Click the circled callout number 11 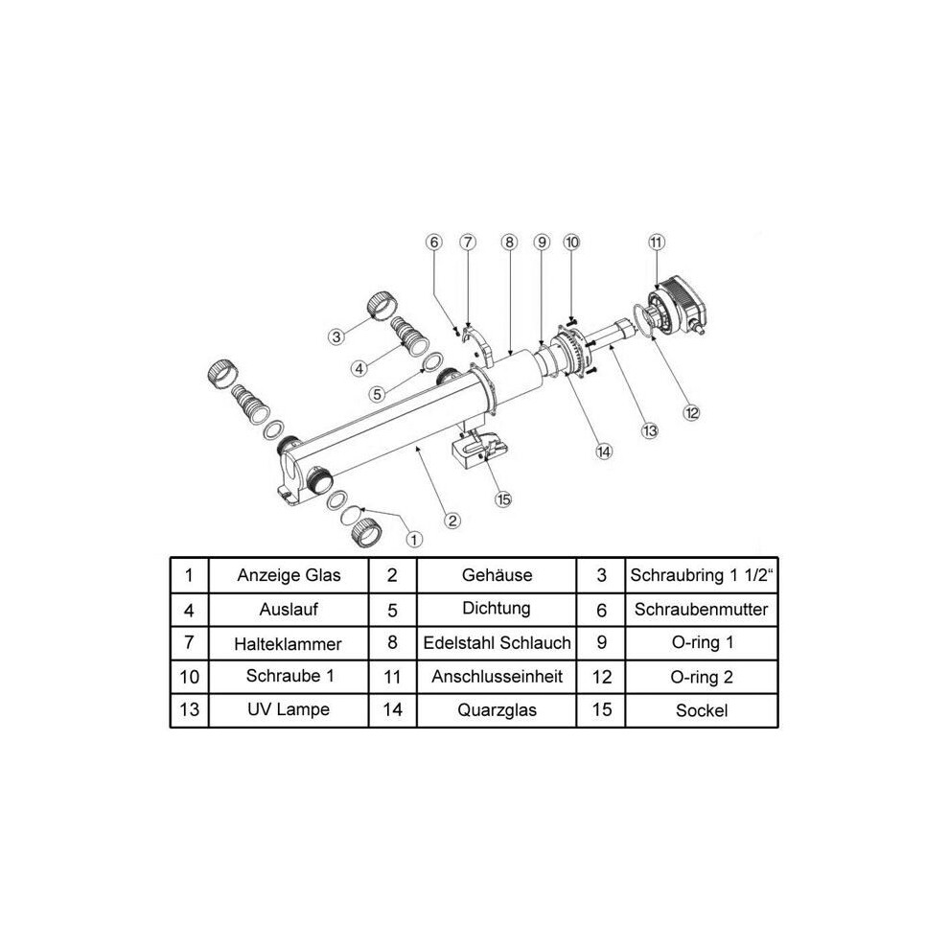pyautogui.click(x=656, y=243)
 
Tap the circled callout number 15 pyautogui.click(x=503, y=499)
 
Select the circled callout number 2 pyautogui.click(x=452, y=521)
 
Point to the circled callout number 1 pyautogui.click(x=414, y=540)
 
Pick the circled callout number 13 pyautogui.click(x=649, y=431)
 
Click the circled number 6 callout pyautogui.click(x=434, y=243)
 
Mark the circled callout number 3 pyautogui.click(x=336, y=336)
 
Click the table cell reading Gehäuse pyautogui.click(x=497, y=575)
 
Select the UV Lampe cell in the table pyautogui.click(x=289, y=710)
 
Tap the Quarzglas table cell pyautogui.click(x=497, y=710)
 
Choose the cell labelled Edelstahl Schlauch pyautogui.click(x=497, y=643)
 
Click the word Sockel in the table pyautogui.click(x=702, y=710)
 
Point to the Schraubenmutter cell pyautogui.click(x=702, y=610)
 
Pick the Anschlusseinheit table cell pyautogui.click(x=497, y=677)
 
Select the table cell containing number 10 pyautogui.click(x=190, y=677)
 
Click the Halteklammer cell pyautogui.click(x=289, y=643)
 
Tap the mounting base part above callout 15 pyautogui.click(x=479, y=449)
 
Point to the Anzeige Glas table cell pyautogui.click(x=289, y=575)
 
